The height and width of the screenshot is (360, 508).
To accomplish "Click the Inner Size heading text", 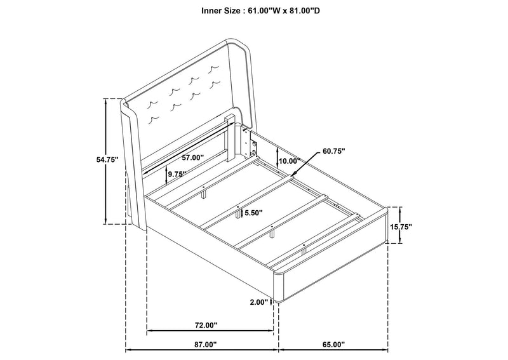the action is tap(261, 11).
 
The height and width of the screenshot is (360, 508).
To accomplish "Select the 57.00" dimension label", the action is tap(193, 157).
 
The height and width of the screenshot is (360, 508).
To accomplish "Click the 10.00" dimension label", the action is tap(290, 161).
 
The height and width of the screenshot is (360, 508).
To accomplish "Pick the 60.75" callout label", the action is tap(334, 151).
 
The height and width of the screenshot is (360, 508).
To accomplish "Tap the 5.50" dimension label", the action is tap(253, 213).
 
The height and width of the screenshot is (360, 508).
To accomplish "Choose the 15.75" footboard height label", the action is tap(401, 227).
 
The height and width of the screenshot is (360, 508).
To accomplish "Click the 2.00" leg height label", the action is tap(259, 302).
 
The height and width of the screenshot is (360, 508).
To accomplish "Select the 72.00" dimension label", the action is tap(206, 325).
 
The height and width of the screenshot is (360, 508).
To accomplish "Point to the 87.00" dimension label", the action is tap(205, 345).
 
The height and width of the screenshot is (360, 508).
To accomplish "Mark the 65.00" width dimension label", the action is tap(334, 345).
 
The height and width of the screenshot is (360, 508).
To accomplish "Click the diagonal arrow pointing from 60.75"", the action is tap(305, 164).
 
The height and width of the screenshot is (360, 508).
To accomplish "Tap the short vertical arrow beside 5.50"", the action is tap(242, 213).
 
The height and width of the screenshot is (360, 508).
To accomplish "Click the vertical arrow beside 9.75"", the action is tap(166, 175).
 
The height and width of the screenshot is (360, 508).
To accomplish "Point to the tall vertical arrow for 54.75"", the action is tap(105, 161).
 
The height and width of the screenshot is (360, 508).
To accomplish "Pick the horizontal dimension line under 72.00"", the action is tap(210, 331).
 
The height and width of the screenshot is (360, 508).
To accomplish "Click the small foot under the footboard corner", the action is tap(276, 302).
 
